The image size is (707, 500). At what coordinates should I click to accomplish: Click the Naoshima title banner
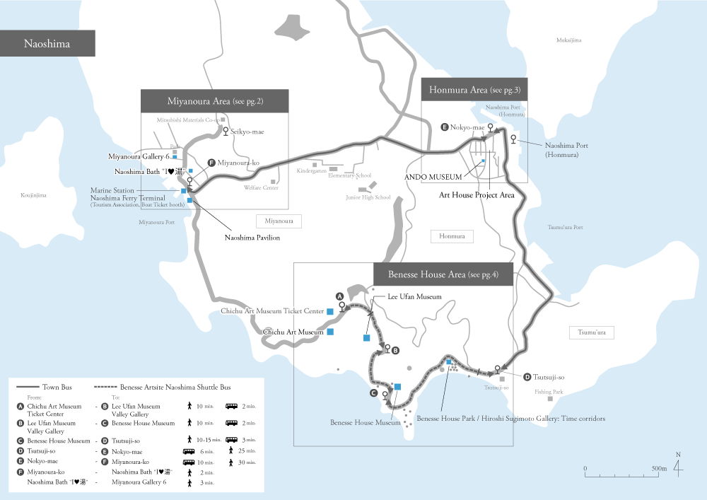point(47,44)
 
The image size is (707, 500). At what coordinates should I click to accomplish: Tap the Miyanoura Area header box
point(214,100)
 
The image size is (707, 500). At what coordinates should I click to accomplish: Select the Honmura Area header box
point(474,89)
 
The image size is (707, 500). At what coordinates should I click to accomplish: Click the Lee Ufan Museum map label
point(414,297)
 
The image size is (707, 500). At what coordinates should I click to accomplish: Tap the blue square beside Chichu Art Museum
point(329,332)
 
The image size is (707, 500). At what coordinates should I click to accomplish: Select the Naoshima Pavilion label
point(252,238)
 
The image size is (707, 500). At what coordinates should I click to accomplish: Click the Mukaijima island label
point(568,40)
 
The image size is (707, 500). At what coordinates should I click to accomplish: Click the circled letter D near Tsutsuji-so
point(527,376)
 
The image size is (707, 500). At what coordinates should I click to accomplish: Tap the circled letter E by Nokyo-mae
point(444,127)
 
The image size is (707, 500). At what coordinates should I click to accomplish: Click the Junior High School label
point(368,197)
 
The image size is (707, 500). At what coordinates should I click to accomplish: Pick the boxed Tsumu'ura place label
point(592,332)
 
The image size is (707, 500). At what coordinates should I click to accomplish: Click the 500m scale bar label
point(659,468)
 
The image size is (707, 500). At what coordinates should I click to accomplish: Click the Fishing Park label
point(549,391)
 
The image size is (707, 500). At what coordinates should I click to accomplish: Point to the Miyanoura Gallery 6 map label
point(138,156)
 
